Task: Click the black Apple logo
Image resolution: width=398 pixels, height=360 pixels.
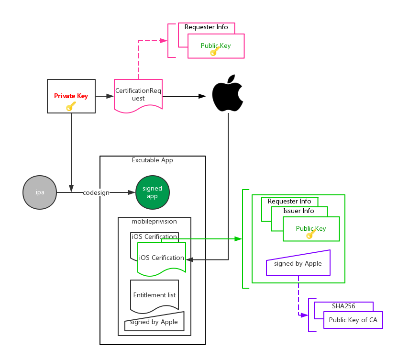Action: [x=228, y=93]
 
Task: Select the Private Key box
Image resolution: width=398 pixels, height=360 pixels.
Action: [x=71, y=96]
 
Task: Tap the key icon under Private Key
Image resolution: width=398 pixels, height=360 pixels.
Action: [x=71, y=106]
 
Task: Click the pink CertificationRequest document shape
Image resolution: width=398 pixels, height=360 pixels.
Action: [x=138, y=95]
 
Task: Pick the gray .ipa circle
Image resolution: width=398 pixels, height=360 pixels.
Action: [x=40, y=192]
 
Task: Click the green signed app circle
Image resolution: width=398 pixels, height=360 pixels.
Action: [x=153, y=192]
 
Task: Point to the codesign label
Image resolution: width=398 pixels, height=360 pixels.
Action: [x=96, y=192]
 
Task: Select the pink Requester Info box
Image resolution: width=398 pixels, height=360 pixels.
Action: [x=206, y=28]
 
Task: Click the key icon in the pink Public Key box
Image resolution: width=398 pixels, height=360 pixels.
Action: [x=214, y=51]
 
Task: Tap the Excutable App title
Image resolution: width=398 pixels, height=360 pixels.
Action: [x=152, y=160]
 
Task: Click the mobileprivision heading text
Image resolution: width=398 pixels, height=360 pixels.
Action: [x=154, y=222]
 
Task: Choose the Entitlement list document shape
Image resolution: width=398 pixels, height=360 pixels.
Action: [x=154, y=295]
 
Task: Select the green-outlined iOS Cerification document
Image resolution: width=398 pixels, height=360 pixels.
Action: [x=161, y=259]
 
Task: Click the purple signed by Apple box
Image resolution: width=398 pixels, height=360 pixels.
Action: [x=298, y=263]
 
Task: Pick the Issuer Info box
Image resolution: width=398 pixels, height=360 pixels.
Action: [x=299, y=211]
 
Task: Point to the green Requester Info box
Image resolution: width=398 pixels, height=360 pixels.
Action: [x=289, y=201]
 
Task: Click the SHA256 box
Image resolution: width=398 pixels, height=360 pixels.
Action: [x=343, y=306]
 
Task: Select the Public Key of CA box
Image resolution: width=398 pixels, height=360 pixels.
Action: [x=353, y=320]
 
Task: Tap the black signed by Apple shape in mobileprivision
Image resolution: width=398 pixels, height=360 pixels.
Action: [x=154, y=322]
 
